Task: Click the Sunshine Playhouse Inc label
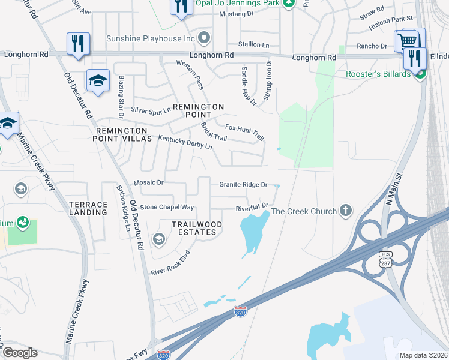click(151, 38)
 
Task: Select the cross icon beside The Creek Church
click(345, 211)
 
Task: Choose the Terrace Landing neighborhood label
click(88, 208)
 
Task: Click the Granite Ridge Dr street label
click(243, 185)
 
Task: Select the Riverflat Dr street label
click(251, 208)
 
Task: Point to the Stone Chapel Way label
click(167, 207)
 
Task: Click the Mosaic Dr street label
click(148, 182)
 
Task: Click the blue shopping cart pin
click(406, 41)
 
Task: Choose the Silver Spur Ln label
click(151, 110)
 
